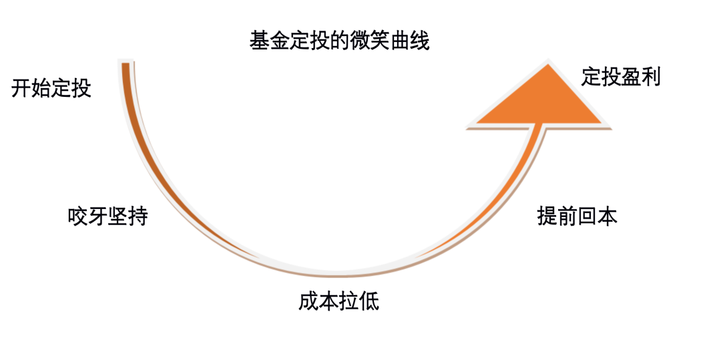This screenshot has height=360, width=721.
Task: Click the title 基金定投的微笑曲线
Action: (x=339, y=41)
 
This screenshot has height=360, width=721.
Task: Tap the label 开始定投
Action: (x=51, y=88)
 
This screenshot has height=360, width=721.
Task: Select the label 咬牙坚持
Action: (x=107, y=216)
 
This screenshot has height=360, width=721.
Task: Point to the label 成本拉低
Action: (x=338, y=301)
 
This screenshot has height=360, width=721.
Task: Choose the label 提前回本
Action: (x=577, y=216)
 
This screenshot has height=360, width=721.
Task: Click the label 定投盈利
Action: (x=621, y=77)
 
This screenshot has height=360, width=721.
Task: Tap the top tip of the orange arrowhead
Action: (x=548, y=64)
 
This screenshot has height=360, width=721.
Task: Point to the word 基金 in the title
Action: (x=269, y=41)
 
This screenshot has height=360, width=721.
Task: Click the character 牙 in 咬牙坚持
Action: (x=97, y=216)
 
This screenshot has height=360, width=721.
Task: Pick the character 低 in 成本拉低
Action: (x=369, y=301)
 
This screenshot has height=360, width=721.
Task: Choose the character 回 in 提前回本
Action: (x=587, y=216)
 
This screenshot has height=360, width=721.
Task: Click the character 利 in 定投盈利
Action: (x=651, y=77)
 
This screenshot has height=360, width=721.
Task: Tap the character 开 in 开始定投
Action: (x=21, y=88)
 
